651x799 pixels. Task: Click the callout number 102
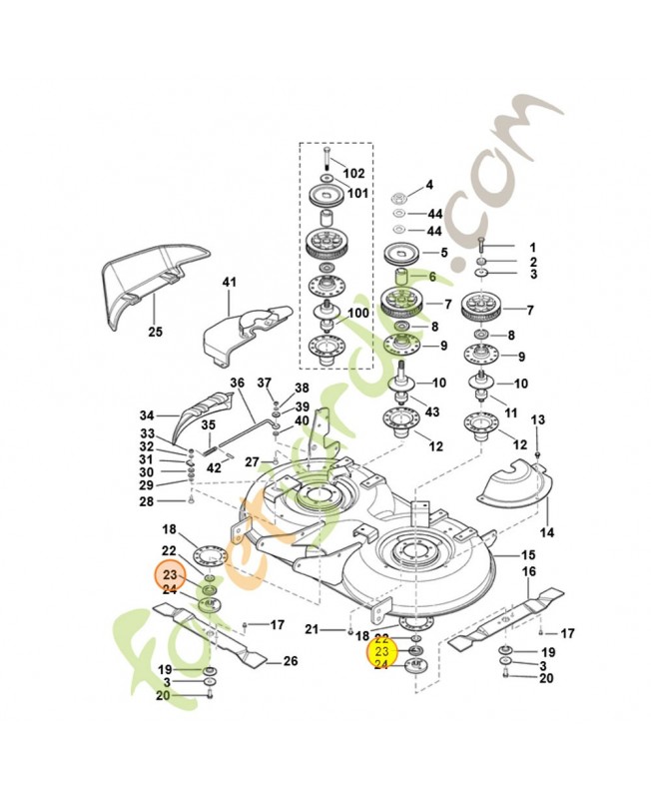click(x=353, y=173)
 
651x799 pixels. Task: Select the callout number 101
click(x=356, y=193)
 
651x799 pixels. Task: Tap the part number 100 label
click(x=356, y=313)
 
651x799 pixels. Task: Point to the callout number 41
click(x=229, y=283)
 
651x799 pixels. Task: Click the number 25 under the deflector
click(x=155, y=331)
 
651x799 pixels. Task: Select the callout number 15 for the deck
click(x=528, y=554)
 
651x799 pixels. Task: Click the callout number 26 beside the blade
click(x=291, y=660)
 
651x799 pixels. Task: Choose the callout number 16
click(x=528, y=572)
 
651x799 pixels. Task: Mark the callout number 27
click(x=253, y=461)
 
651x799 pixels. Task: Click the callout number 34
click(x=147, y=415)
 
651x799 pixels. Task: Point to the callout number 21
click(x=312, y=629)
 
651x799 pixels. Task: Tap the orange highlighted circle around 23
click(x=170, y=575)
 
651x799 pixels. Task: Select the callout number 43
click(x=432, y=412)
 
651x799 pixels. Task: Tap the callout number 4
click(x=429, y=185)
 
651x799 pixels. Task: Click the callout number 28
click(x=147, y=501)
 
